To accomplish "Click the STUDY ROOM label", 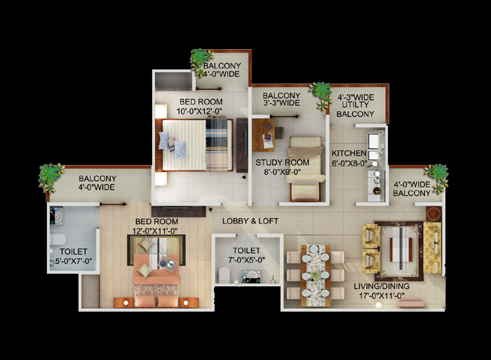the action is [x=282, y=163].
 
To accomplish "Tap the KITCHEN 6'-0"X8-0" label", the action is [x=349, y=158].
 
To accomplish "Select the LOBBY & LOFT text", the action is [x=250, y=221].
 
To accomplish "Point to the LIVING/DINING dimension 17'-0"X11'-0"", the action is [x=382, y=295].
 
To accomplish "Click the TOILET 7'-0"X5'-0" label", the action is [x=246, y=255].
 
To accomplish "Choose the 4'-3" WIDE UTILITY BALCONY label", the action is [x=356, y=105].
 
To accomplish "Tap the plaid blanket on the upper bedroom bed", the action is [x=216, y=143].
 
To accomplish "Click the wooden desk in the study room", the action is [x=263, y=135].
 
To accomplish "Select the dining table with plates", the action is [x=316, y=275].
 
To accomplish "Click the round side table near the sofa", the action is [x=433, y=214].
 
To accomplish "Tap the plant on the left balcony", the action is [x=51, y=178].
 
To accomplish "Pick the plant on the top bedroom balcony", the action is [x=201, y=62].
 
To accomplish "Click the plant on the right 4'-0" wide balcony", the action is [x=437, y=178].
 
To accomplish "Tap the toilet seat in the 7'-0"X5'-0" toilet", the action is [x=224, y=275].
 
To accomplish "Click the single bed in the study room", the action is [x=305, y=168].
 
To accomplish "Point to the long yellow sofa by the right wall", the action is [x=433, y=248].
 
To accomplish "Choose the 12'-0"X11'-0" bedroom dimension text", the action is [x=155, y=231].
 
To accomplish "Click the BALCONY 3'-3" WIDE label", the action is [x=281, y=99].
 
